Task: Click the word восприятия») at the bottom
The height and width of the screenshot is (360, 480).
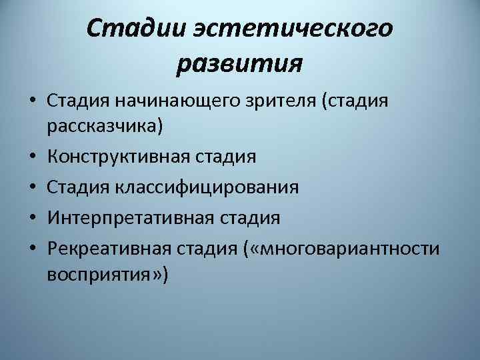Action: pyautogui.click(x=109, y=273)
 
